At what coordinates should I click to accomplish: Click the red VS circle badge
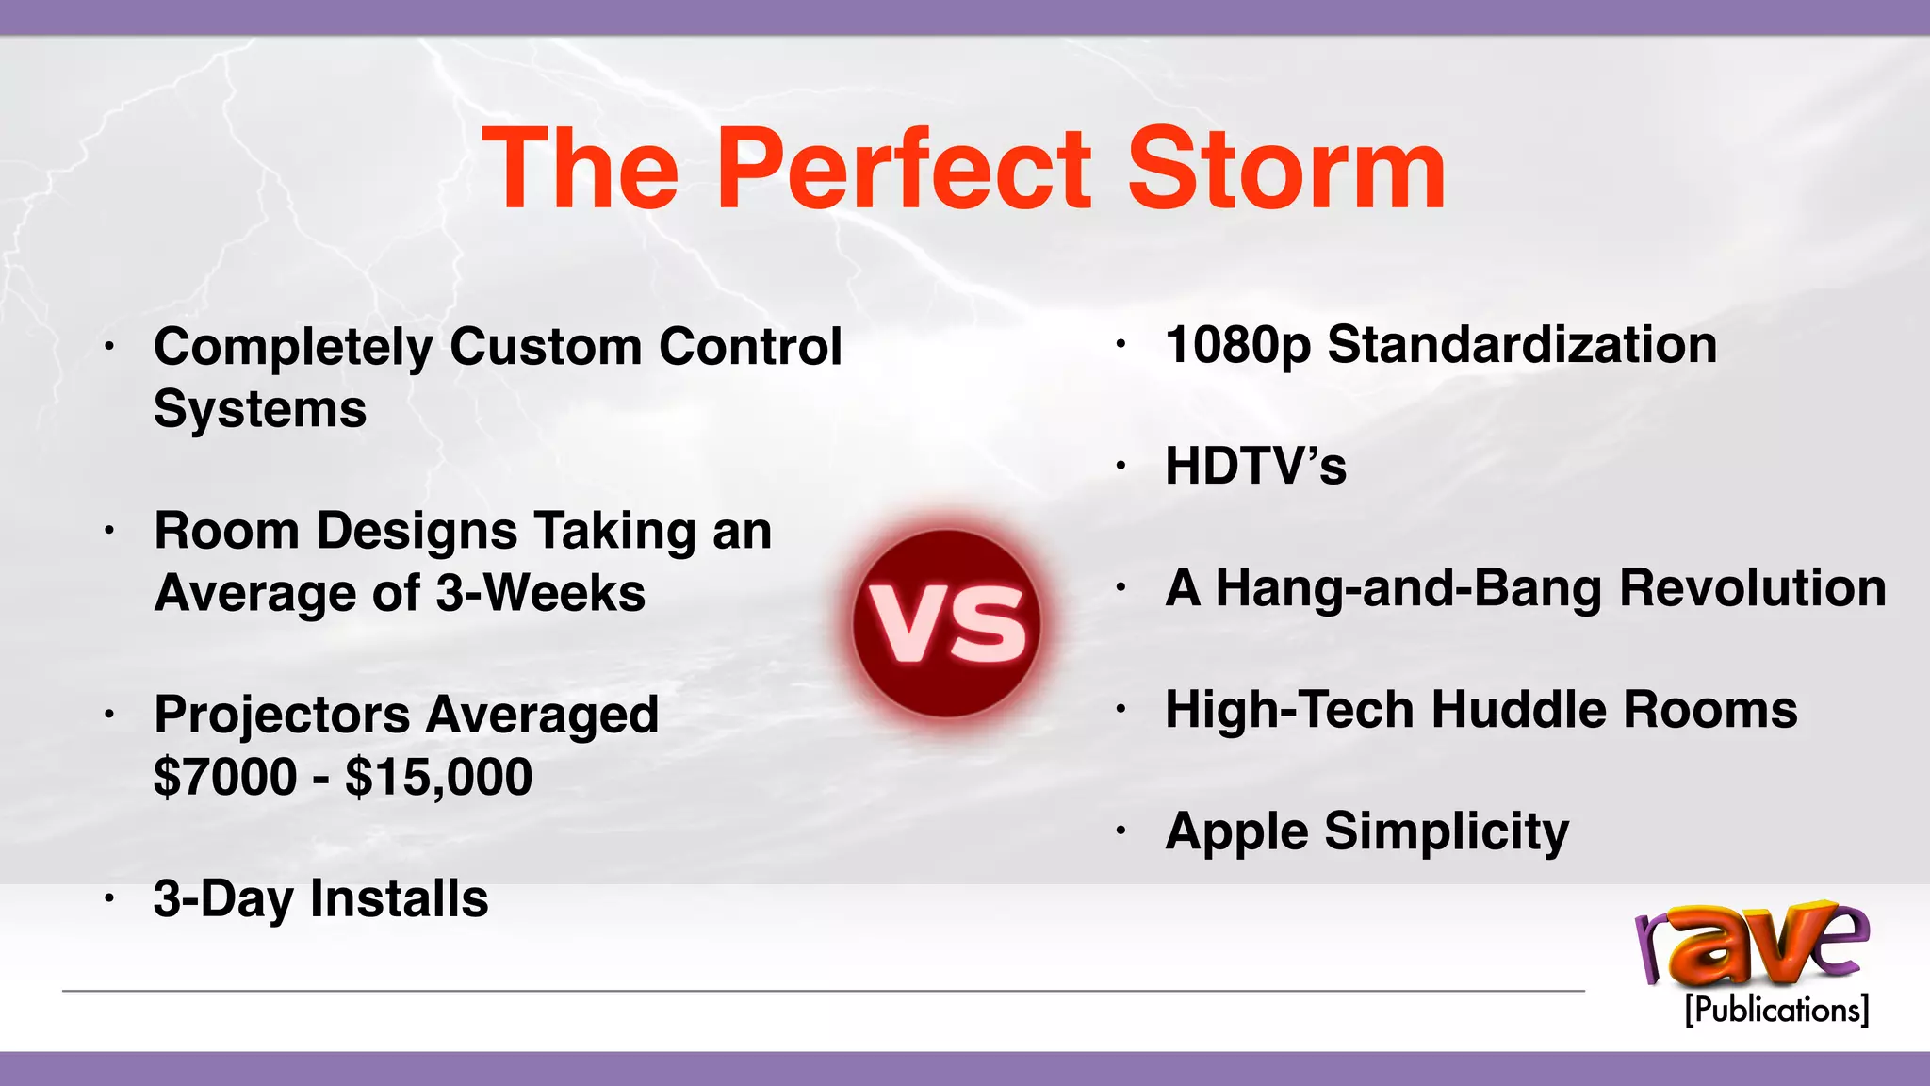pos(946,624)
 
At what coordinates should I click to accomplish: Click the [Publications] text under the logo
pos(1776,1010)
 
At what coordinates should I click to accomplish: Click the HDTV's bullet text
pos(1255,466)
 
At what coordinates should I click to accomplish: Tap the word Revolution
pos(1753,588)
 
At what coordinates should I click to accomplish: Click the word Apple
pos(1236,832)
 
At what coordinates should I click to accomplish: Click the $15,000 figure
pos(438,778)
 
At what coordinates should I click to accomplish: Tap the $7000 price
pos(225,778)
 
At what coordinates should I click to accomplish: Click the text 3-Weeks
pos(540,594)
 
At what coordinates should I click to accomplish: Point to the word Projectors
pos(282,715)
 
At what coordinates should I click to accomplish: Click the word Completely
pos(293,348)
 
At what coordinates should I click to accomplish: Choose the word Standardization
pos(1522,345)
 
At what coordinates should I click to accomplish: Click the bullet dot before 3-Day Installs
pos(109,899)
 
